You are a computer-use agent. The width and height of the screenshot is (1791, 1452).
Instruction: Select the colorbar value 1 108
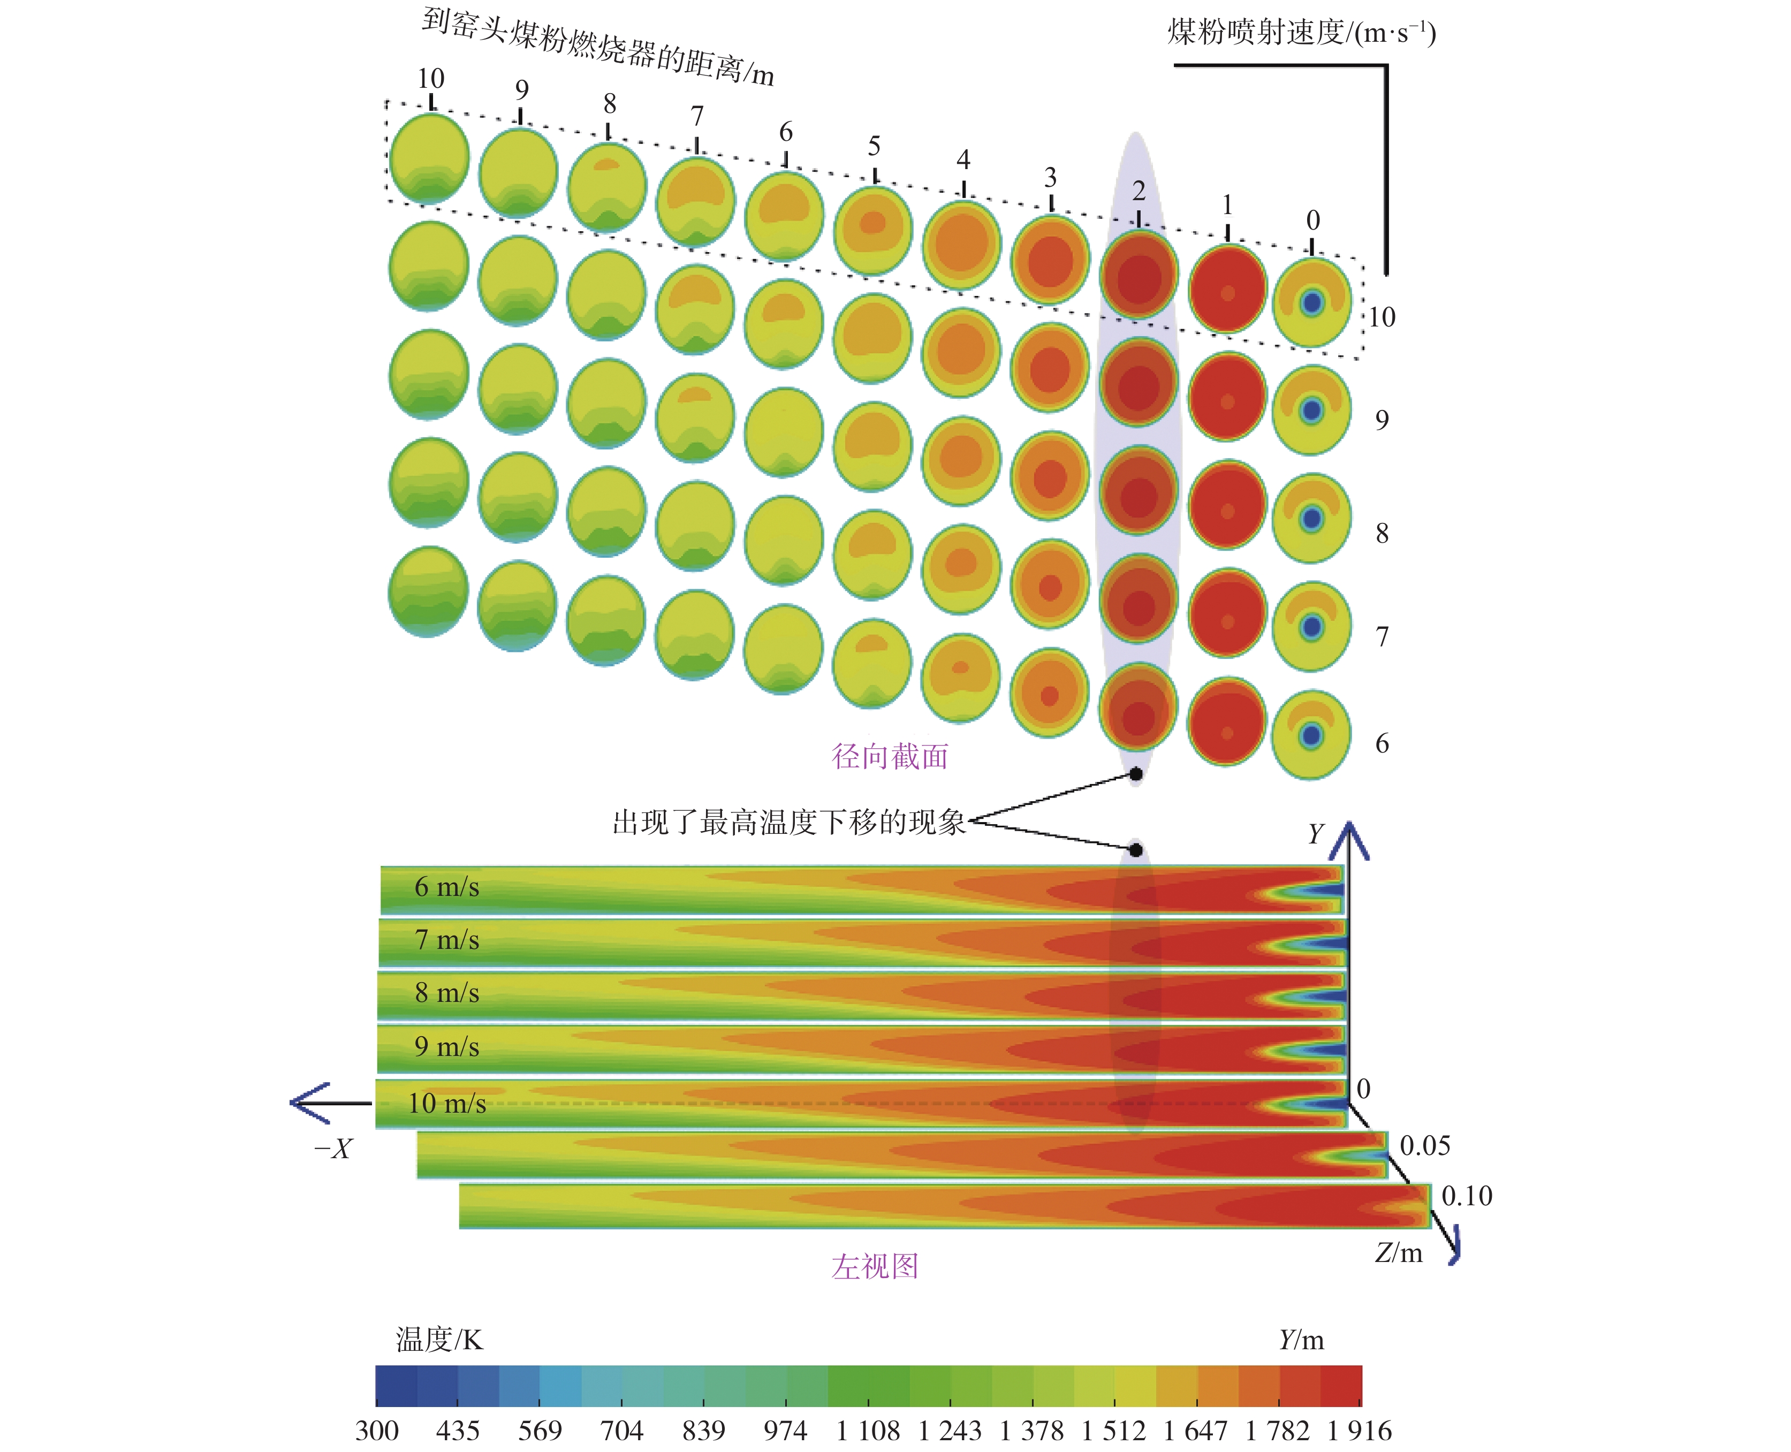tap(868, 1431)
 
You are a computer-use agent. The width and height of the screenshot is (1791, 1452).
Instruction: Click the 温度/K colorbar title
tap(439, 1340)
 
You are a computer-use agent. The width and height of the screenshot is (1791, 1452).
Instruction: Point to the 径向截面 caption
tap(890, 756)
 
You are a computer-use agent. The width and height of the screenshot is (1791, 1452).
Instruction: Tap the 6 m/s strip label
tap(447, 887)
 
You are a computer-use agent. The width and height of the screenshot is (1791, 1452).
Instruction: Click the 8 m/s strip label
tap(447, 993)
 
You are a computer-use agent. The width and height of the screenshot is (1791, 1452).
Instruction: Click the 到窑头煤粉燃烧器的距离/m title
tap(597, 46)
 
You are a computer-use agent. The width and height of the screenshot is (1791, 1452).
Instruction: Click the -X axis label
tap(333, 1149)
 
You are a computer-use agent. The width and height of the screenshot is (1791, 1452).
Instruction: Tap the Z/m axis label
tap(1399, 1253)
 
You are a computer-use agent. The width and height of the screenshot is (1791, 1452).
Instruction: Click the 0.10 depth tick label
tap(1467, 1196)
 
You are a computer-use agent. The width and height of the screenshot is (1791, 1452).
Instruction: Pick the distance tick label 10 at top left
tap(431, 79)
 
